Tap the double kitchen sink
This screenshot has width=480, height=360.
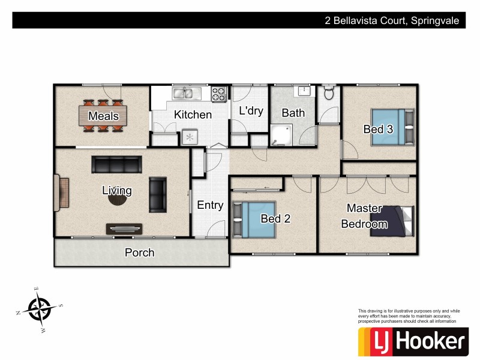(x=186, y=93)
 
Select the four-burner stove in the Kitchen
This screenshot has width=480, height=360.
(x=219, y=94)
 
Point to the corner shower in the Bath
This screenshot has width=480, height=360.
(x=281, y=135)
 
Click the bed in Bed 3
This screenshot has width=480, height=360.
(x=392, y=127)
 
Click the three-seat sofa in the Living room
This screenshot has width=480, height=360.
(x=116, y=164)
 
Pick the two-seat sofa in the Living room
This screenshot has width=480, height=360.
(x=158, y=194)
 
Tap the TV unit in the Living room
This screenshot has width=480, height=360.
(x=125, y=228)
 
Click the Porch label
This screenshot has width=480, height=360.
(x=139, y=253)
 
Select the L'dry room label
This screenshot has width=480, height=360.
(x=251, y=111)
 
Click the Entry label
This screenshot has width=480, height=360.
(x=210, y=205)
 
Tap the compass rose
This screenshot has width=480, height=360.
(x=40, y=308)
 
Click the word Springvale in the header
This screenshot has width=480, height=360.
(x=436, y=20)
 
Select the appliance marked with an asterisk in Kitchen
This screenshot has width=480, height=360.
(x=190, y=137)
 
